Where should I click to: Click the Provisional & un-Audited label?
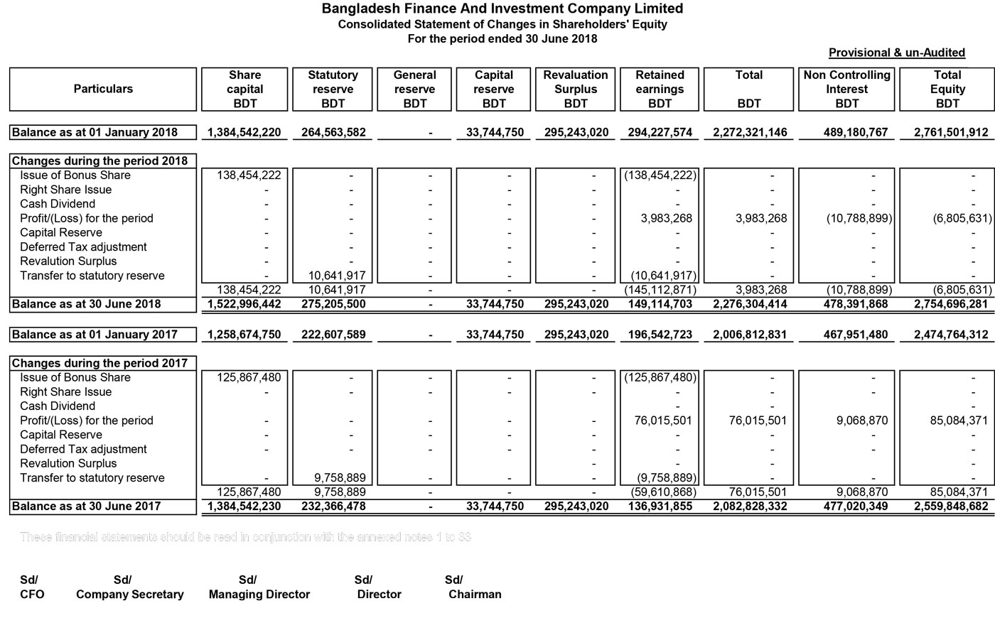pos(896,53)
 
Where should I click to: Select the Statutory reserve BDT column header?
pos(333,90)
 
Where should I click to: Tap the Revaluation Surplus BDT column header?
pos(575,90)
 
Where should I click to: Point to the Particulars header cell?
pos(103,90)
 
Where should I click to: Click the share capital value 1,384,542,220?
pos(244,132)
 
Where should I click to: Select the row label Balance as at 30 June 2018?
pos(87,304)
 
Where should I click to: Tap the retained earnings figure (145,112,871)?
pos(660,290)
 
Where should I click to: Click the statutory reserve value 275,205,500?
pos(333,304)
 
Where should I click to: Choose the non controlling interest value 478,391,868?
pos(855,304)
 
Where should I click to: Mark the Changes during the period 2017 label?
pos(100,363)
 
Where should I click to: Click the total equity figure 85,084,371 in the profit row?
pos(954,421)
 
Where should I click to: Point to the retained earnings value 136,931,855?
pos(660,506)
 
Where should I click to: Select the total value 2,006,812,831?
pos(748,335)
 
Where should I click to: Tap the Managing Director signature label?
pos(259,595)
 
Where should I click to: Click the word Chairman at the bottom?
pos(475,595)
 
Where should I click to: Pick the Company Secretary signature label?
pos(129,595)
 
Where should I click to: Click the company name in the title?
pos(502,9)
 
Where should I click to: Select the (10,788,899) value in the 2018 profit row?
pos(859,219)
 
